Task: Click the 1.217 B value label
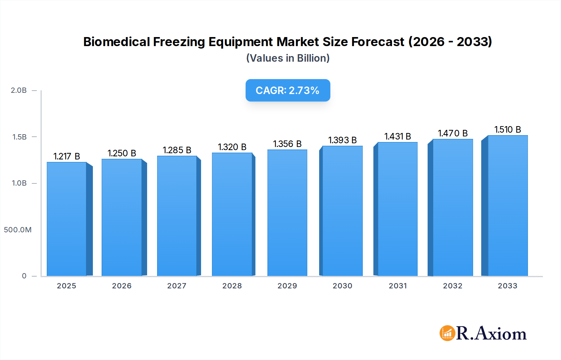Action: coord(67,156)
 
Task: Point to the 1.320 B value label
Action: coord(232,147)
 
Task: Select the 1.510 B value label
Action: coord(508,130)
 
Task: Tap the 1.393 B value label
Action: coord(342,140)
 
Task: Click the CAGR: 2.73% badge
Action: coord(288,90)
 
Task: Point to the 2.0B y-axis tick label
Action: coord(19,90)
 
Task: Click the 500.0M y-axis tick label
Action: coord(18,230)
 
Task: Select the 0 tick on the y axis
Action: coord(24,276)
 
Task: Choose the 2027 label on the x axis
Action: coord(177,286)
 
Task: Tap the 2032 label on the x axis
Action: coord(453,286)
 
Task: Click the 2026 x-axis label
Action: coord(122,286)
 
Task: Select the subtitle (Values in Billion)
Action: coord(288,58)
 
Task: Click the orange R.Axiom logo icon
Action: coord(447,333)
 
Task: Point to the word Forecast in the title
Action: coord(377,42)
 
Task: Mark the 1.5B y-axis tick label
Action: coord(19,137)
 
